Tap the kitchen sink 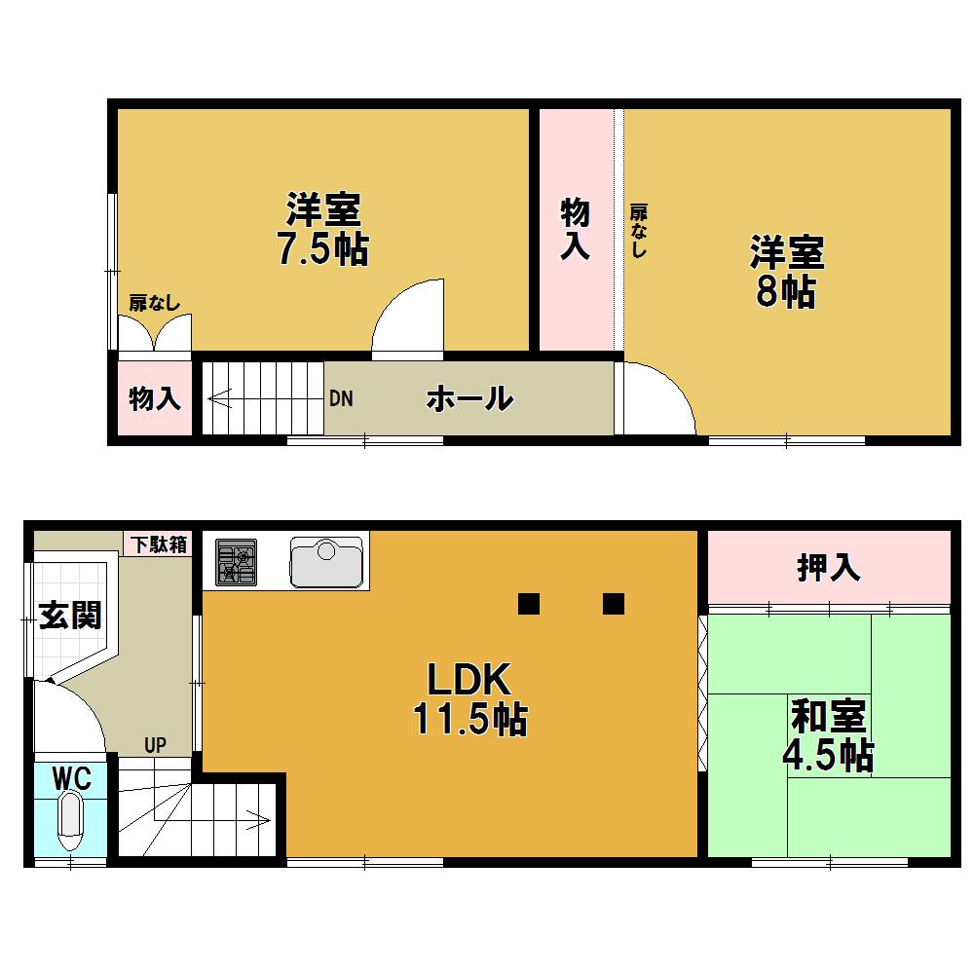326,563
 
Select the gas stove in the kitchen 236,563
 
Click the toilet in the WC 71,820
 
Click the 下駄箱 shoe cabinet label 156,544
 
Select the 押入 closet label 828,568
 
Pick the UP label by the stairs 155,746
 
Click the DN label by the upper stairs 340,398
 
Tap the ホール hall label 469,398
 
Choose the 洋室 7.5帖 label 322,230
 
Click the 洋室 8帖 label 786,272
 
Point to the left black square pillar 528,604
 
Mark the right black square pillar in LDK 613,604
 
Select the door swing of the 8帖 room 656,398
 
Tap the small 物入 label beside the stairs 155,398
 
